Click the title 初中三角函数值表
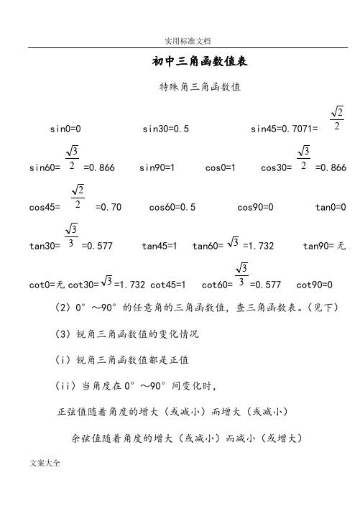[x=200, y=63]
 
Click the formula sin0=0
[x=65, y=129]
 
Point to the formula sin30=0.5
[x=166, y=129]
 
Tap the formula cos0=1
[x=221, y=167]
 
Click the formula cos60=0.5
[x=172, y=207]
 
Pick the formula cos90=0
[x=255, y=207]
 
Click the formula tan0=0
[x=331, y=207]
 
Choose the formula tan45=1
[x=160, y=246]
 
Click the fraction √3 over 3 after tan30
[x=71, y=236]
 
